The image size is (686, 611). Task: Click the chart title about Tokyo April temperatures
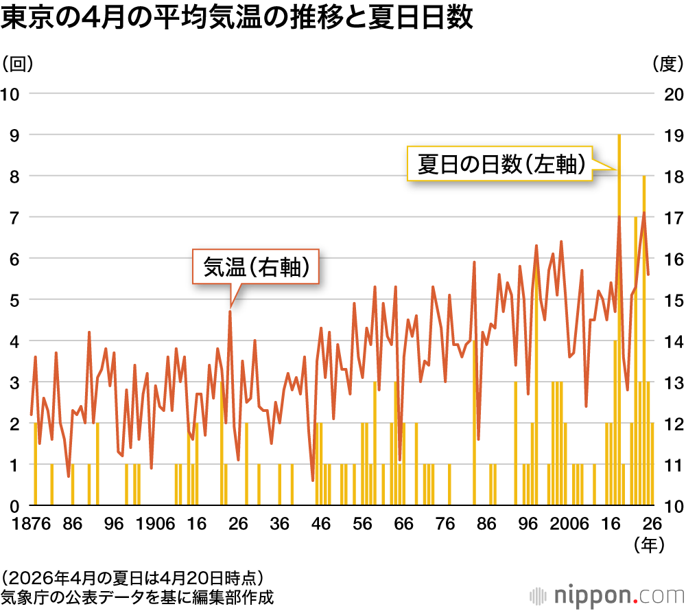coord(237,19)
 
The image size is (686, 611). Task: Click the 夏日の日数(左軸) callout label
coord(500,164)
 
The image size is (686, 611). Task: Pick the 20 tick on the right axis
coord(671,93)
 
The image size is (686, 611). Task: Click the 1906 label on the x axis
coord(154,523)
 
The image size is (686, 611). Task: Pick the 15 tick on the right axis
coord(671,299)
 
